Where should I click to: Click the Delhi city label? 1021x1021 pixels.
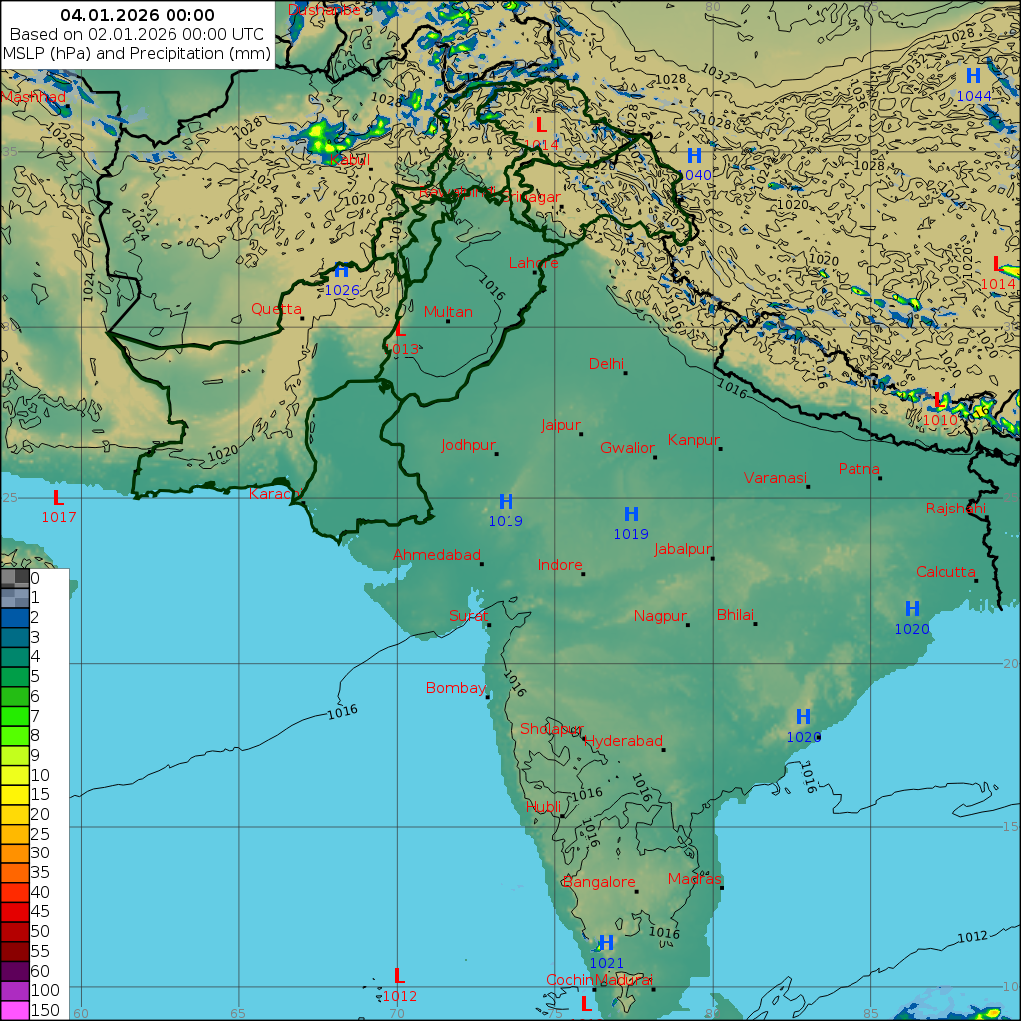coord(606,363)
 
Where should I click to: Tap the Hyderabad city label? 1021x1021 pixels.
coord(623,741)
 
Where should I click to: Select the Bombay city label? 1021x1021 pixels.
coord(455,688)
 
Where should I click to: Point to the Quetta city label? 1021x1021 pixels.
coord(276,309)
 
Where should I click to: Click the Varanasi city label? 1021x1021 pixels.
coord(774,478)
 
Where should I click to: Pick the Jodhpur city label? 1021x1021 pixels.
coord(468,445)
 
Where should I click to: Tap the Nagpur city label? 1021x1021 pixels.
coord(660,616)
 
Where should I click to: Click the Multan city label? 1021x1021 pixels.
coord(448,312)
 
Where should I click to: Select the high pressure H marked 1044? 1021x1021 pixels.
coord(973,76)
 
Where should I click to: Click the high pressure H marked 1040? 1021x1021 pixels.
coord(694,156)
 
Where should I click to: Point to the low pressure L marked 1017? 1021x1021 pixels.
coord(58,498)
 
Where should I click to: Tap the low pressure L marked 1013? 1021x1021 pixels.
coord(401,330)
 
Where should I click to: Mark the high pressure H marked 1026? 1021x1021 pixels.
coord(341,271)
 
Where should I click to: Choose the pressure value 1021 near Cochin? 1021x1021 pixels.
coord(606,963)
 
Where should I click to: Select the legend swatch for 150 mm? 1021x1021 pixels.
coord(15,1010)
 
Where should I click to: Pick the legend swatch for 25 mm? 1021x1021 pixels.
coord(15,834)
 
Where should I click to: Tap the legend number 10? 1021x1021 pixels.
coord(40,775)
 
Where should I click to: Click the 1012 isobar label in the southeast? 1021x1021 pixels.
coord(972,937)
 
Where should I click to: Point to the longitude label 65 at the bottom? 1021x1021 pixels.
coord(238,1013)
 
